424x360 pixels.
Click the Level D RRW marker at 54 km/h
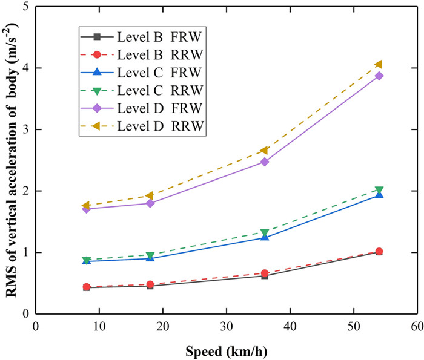click(x=379, y=64)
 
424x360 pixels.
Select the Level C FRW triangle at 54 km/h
click(x=379, y=195)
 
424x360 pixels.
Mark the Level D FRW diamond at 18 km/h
click(x=150, y=203)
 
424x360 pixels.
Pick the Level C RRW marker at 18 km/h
click(x=150, y=255)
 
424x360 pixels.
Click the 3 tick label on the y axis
click(x=27, y=129)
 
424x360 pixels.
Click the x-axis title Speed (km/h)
click(x=226, y=350)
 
